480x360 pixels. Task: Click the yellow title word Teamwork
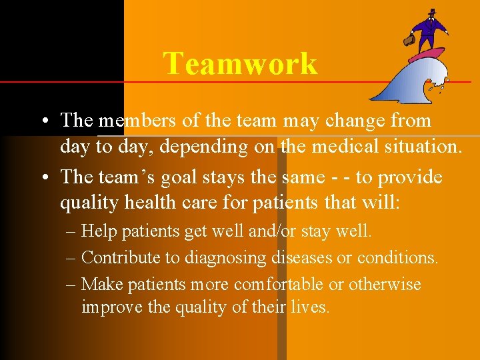pos(240,64)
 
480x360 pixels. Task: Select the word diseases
pos(304,257)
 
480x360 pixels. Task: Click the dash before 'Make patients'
pos(71,285)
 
